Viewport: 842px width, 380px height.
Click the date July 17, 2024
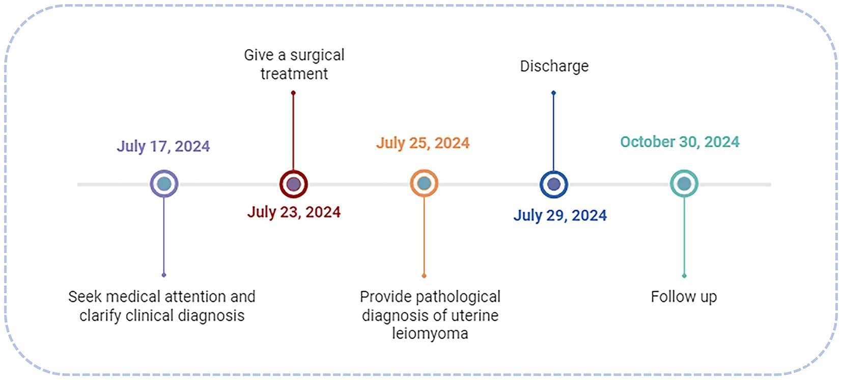click(x=163, y=146)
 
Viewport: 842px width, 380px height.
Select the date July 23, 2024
click(x=294, y=212)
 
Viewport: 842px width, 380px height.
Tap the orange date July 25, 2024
click(x=423, y=143)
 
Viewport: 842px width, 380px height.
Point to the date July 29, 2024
click(x=560, y=215)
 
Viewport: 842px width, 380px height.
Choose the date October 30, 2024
click(x=680, y=142)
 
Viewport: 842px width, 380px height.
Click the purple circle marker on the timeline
click(x=164, y=184)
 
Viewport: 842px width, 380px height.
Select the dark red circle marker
click(x=293, y=184)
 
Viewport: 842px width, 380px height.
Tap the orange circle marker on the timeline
click(x=424, y=184)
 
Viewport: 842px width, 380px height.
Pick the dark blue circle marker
click(x=554, y=184)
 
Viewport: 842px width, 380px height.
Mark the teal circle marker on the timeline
click(x=684, y=184)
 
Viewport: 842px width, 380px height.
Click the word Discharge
click(x=554, y=66)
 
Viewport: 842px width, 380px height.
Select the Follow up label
click(x=684, y=296)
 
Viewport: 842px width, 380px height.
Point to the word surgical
click(x=317, y=55)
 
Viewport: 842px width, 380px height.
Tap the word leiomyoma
click(x=430, y=334)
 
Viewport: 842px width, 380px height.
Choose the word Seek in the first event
click(x=85, y=296)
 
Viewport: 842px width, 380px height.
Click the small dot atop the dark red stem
click(x=293, y=93)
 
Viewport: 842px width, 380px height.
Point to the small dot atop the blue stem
click(x=554, y=93)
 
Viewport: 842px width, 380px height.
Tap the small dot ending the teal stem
click(x=684, y=276)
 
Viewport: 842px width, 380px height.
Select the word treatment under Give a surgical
click(x=294, y=74)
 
